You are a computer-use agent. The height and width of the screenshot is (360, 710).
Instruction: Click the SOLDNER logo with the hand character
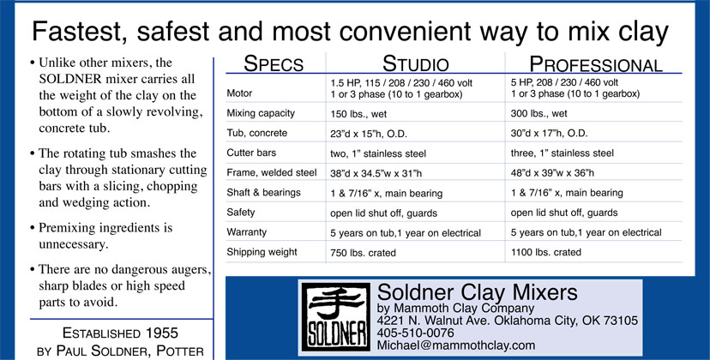click(x=336, y=316)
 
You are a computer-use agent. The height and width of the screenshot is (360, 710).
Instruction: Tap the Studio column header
click(x=415, y=63)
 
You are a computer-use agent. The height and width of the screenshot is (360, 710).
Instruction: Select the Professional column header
click(x=595, y=63)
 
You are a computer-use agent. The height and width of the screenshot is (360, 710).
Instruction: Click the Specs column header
click(x=274, y=63)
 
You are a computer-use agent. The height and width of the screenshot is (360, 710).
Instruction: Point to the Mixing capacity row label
click(x=261, y=113)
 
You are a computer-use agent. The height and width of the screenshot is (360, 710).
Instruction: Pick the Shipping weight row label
click(x=262, y=252)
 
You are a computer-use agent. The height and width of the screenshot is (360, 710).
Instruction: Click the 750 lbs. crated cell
click(x=363, y=253)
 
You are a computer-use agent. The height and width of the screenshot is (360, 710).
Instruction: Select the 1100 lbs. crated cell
click(x=545, y=252)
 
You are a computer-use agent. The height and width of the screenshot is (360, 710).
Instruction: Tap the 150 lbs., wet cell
click(x=358, y=114)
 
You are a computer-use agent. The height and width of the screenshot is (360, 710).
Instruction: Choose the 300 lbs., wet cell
click(x=539, y=114)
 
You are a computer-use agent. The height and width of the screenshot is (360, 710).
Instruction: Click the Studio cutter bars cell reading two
click(x=377, y=153)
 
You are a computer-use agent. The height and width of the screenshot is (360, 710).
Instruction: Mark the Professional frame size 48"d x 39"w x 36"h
click(x=552, y=173)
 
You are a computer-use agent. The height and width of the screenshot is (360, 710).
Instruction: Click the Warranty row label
click(x=246, y=232)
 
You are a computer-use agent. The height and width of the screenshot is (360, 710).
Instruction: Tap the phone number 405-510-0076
click(x=415, y=333)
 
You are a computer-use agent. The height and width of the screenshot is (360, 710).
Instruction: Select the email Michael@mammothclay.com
click(x=456, y=345)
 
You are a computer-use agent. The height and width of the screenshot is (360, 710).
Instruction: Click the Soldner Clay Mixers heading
click(x=478, y=292)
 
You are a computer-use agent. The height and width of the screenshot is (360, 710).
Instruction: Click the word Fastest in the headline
click(x=81, y=31)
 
